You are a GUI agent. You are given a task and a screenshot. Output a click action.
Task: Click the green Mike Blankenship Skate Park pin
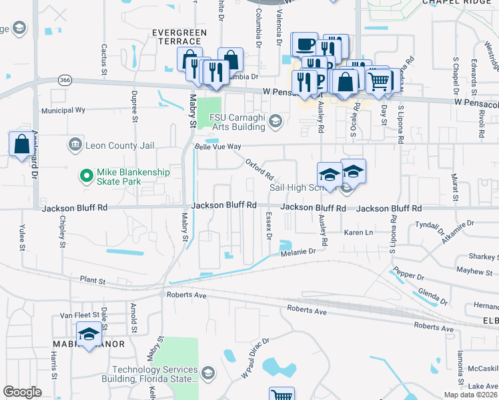[85, 176]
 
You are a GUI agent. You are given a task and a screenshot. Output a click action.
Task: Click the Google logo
[22, 392]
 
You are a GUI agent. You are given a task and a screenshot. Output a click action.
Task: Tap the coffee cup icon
[306, 44]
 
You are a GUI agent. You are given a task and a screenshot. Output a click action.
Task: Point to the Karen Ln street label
[358, 233]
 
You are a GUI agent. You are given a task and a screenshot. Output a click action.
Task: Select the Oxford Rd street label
[260, 169]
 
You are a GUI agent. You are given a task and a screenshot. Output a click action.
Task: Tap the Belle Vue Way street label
[217, 146]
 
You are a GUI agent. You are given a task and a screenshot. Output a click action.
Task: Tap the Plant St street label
[93, 281]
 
